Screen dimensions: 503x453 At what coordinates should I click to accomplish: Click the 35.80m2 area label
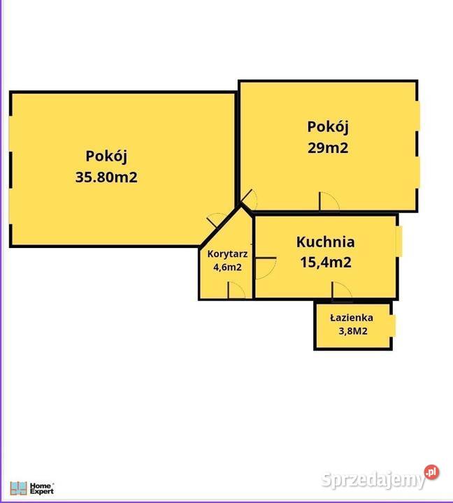coord(106,177)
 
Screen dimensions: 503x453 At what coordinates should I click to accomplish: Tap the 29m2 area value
coord(328,147)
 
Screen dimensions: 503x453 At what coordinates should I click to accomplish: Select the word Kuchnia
coord(325,242)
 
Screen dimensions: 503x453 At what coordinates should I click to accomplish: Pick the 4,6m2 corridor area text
coord(225,267)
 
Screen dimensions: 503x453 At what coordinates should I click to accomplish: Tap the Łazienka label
coord(351,317)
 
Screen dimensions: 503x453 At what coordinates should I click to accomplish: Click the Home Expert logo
coord(31,488)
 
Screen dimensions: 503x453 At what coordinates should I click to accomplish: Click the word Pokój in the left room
coord(106,156)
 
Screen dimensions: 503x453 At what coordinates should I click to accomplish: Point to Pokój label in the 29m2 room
coord(328,127)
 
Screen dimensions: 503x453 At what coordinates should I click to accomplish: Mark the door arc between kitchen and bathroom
coord(341,290)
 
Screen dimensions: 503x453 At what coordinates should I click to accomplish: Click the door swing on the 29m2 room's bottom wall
coord(329,202)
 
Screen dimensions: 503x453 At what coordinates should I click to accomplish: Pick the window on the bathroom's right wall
coord(394,326)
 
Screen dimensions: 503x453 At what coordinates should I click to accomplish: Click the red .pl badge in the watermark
coord(433,473)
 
